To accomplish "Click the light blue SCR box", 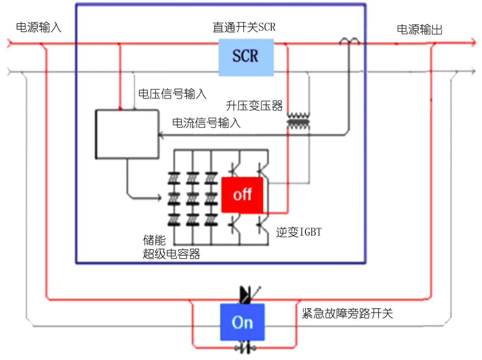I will tap(245, 57).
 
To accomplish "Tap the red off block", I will tap(242, 195).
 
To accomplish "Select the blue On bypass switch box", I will tap(242, 322).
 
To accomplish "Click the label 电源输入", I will tap(38, 28).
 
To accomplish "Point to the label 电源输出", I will tap(419, 29).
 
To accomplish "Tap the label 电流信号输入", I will tap(207, 123).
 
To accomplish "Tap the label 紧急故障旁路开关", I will tap(347, 313).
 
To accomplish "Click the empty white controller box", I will tap(127, 134).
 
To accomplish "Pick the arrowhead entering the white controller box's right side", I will tap(161, 135).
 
